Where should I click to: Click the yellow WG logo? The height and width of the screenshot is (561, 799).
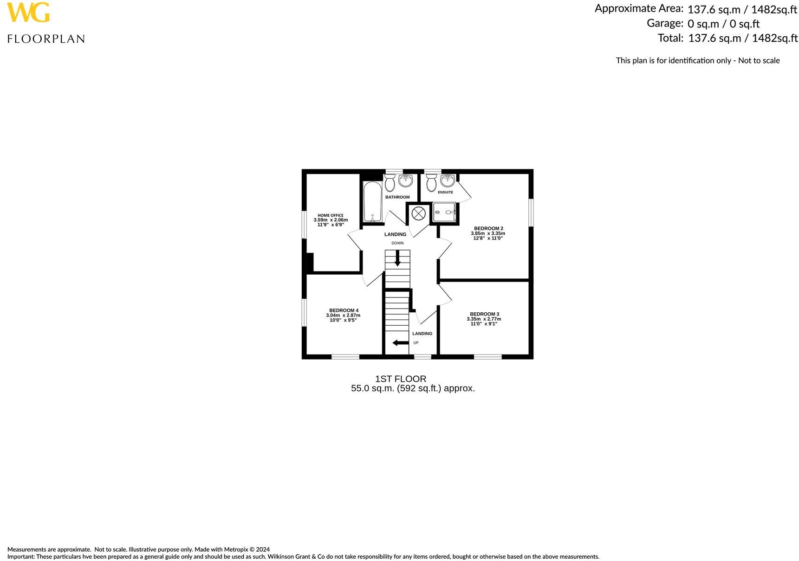pyautogui.click(x=28, y=13)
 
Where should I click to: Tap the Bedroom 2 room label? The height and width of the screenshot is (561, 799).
pyautogui.click(x=488, y=228)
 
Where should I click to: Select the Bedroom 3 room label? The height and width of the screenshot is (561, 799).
pyautogui.click(x=484, y=314)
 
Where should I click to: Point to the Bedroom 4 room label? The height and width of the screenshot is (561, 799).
pyautogui.click(x=344, y=310)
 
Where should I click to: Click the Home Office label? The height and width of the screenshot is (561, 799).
pyautogui.click(x=331, y=215)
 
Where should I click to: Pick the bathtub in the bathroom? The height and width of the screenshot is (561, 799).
pyautogui.click(x=372, y=202)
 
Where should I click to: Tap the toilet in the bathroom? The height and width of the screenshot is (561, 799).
pyautogui.click(x=390, y=183)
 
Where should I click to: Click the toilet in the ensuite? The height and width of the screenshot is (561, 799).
pyautogui.click(x=431, y=183)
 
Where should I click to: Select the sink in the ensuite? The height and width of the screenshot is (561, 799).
pyautogui.click(x=448, y=180)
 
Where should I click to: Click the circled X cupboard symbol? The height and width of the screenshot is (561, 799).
pyautogui.click(x=418, y=213)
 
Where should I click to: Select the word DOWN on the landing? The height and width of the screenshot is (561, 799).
pyautogui.click(x=397, y=243)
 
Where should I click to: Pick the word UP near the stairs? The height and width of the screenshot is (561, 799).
pyautogui.click(x=416, y=343)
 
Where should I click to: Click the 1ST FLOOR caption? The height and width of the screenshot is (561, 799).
pyautogui.click(x=400, y=379)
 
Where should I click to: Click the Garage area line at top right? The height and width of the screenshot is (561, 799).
pyautogui.click(x=703, y=23)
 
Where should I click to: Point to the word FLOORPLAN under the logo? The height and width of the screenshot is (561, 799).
pyautogui.click(x=46, y=39)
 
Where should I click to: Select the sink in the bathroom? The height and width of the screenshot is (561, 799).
pyautogui.click(x=406, y=180)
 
